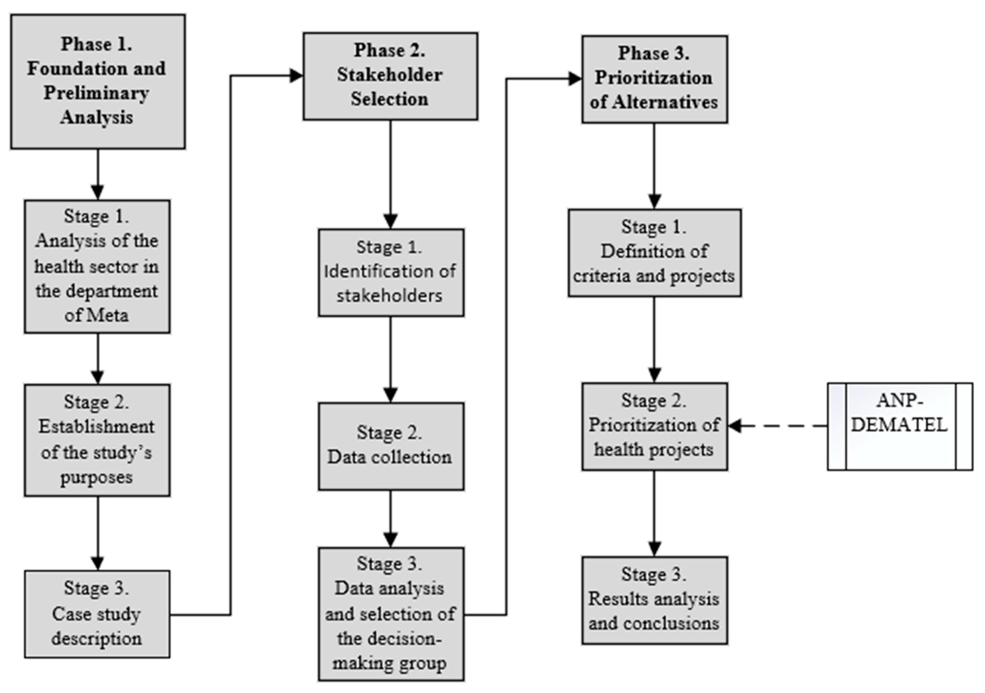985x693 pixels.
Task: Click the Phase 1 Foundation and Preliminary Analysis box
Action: tap(98, 81)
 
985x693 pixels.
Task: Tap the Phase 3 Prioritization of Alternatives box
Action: tap(654, 79)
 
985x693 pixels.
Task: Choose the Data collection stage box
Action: tap(390, 446)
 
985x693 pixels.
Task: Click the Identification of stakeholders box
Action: tap(390, 273)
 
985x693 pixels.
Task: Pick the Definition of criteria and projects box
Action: tap(654, 253)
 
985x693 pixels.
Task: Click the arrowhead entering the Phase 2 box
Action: tap(296, 76)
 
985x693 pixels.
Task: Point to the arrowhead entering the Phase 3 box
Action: tap(575, 79)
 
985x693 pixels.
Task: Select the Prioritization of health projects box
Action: tap(654, 426)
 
